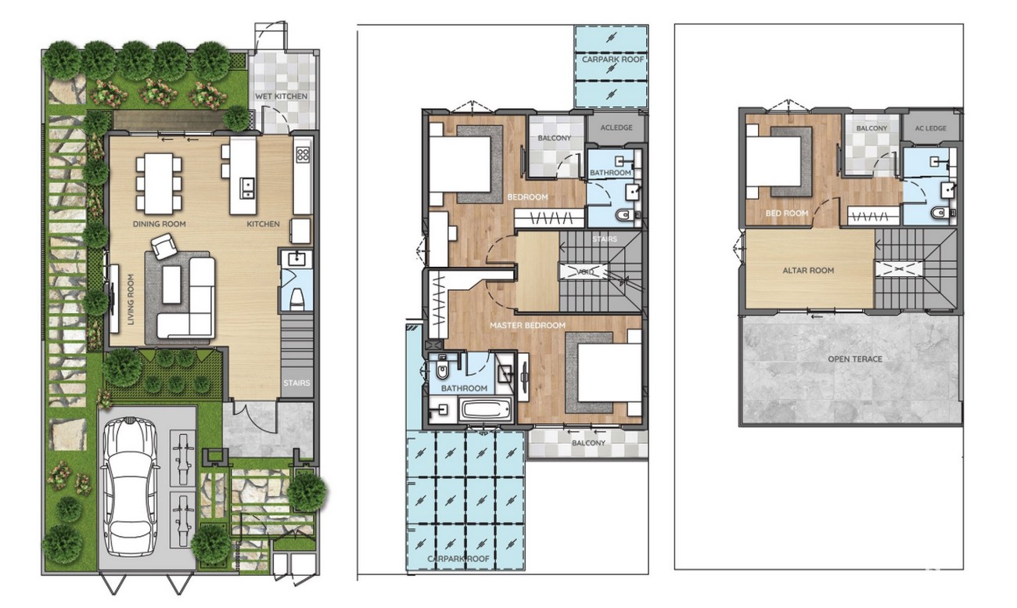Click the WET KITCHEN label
281,96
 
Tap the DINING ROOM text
160,224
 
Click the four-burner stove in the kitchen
303,154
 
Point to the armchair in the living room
164,246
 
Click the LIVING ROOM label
131,299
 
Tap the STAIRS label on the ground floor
297,383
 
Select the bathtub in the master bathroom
486,409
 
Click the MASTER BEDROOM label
527,326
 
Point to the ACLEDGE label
616,128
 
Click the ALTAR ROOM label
808,271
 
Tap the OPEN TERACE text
855,359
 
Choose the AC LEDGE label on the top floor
931,128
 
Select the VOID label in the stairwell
585,272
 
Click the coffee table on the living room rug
171,285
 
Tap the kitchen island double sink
247,188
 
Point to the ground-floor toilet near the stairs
297,299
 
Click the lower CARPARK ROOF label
458,559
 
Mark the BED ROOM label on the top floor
786,214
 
